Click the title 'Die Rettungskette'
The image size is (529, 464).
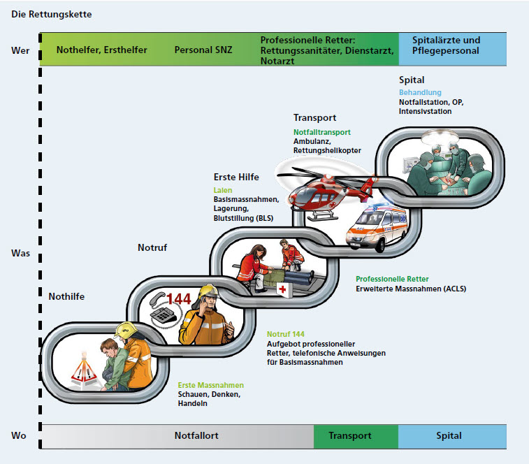(51, 14)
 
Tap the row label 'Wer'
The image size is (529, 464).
(20, 50)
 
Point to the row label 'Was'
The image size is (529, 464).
(20, 253)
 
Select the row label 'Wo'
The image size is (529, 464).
(19, 435)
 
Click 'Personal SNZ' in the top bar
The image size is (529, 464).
(203, 50)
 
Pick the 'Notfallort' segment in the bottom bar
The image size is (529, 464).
(196, 435)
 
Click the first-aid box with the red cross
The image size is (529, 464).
(283, 290)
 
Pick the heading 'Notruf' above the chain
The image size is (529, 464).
(153, 247)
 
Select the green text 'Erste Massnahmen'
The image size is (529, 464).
(210, 385)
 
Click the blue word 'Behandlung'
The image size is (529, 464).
(420, 93)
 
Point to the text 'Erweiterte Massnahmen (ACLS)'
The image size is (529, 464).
(410, 289)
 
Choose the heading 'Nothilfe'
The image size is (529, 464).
(66, 296)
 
